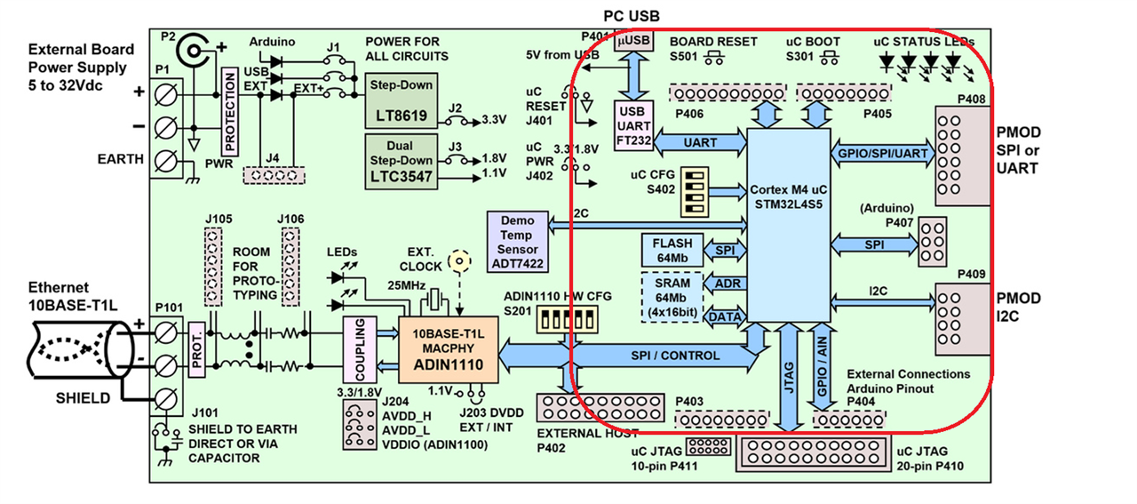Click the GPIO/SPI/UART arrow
tap(879, 153)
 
